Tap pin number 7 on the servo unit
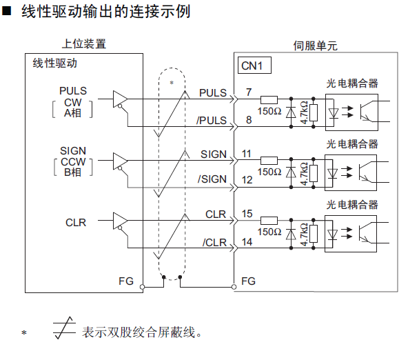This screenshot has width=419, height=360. pyautogui.click(x=248, y=92)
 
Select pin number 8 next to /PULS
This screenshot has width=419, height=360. pyautogui.click(x=248, y=120)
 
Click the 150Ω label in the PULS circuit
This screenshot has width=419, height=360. pyautogui.click(x=269, y=111)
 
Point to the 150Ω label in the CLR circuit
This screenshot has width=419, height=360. pyautogui.click(x=269, y=232)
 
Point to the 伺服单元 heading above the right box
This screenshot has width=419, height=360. pyautogui.click(x=315, y=46)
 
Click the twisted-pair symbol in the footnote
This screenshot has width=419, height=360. pyautogui.click(x=65, y=331)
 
